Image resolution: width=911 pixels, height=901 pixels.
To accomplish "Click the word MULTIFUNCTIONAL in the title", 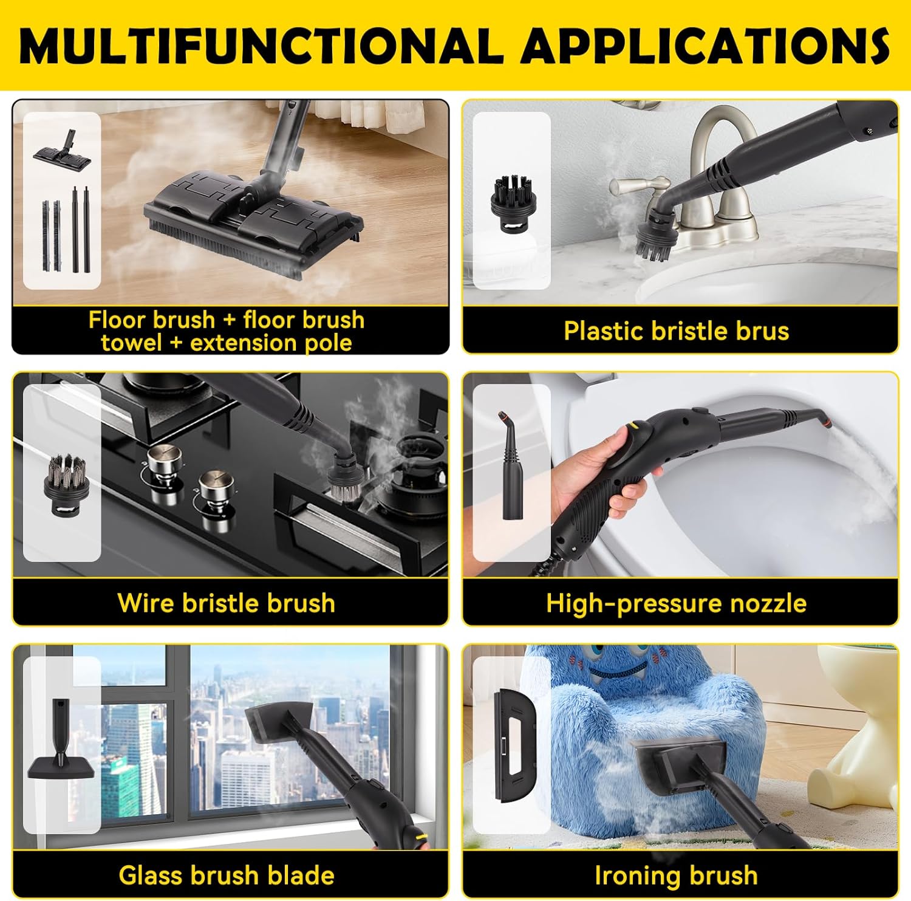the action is [262, 46].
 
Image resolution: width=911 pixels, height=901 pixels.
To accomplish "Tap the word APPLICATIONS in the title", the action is [705, 46].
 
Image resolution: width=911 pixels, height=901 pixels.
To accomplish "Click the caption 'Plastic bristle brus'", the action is [676, 331].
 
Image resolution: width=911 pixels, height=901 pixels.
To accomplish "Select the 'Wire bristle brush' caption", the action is [226, 603].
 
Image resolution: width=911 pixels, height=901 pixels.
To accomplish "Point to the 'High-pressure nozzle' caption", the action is [676, 603].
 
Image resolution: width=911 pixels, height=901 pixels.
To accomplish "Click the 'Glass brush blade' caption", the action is [226, 875].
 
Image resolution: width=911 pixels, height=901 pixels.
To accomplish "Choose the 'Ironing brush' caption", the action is [676, 875].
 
